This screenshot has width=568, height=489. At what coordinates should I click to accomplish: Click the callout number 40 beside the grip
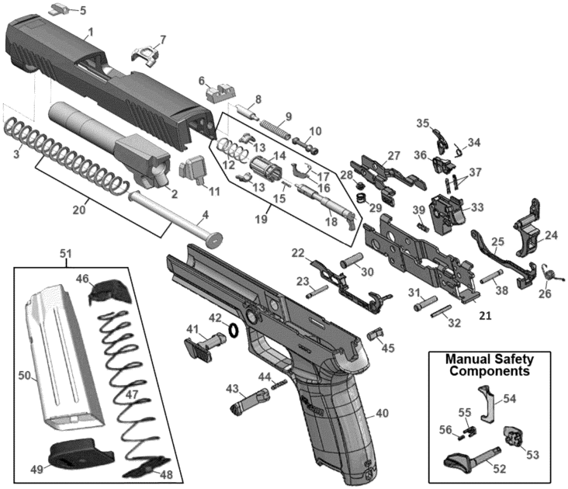pyautogui.click(x=381, y=413)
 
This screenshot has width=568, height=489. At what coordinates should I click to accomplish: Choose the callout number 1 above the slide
pyautogui.click(x=90, y=32)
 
